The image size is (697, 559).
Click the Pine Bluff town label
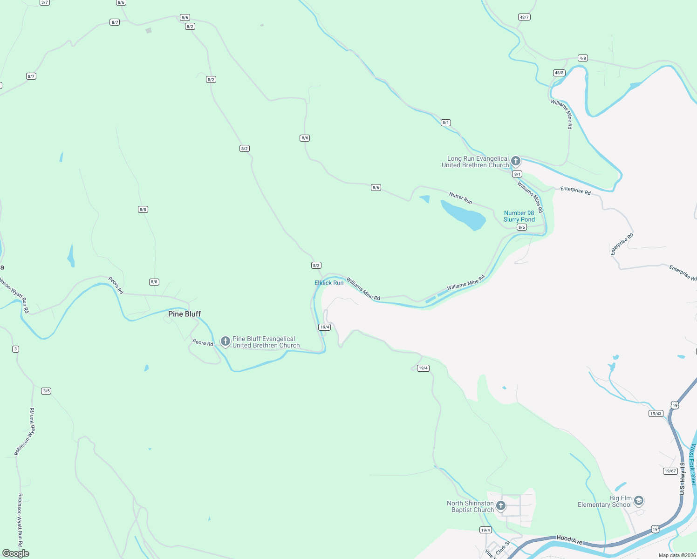[184, 314]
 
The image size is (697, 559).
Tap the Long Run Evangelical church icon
[515, 161]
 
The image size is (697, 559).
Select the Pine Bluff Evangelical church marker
[225, 341]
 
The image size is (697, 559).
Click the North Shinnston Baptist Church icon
[501, 506]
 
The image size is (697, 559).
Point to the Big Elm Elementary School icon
[639, 501]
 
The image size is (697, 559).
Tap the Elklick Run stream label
[329, 283]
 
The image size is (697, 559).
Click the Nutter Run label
[460, 198]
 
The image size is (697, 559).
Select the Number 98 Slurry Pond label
[519, 216]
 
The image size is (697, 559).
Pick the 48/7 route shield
[524, 17]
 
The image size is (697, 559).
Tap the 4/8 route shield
[582, 58]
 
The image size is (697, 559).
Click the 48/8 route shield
[559, 73]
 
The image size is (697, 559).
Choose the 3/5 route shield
[46, 391]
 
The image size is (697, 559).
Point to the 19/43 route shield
[656, 414]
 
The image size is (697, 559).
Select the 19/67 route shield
[670, 471]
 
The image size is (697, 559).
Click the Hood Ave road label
[569, 539]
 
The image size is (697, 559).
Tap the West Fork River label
[693, 465]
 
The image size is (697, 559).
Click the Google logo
[16, 553]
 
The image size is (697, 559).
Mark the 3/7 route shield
[45, 2]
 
